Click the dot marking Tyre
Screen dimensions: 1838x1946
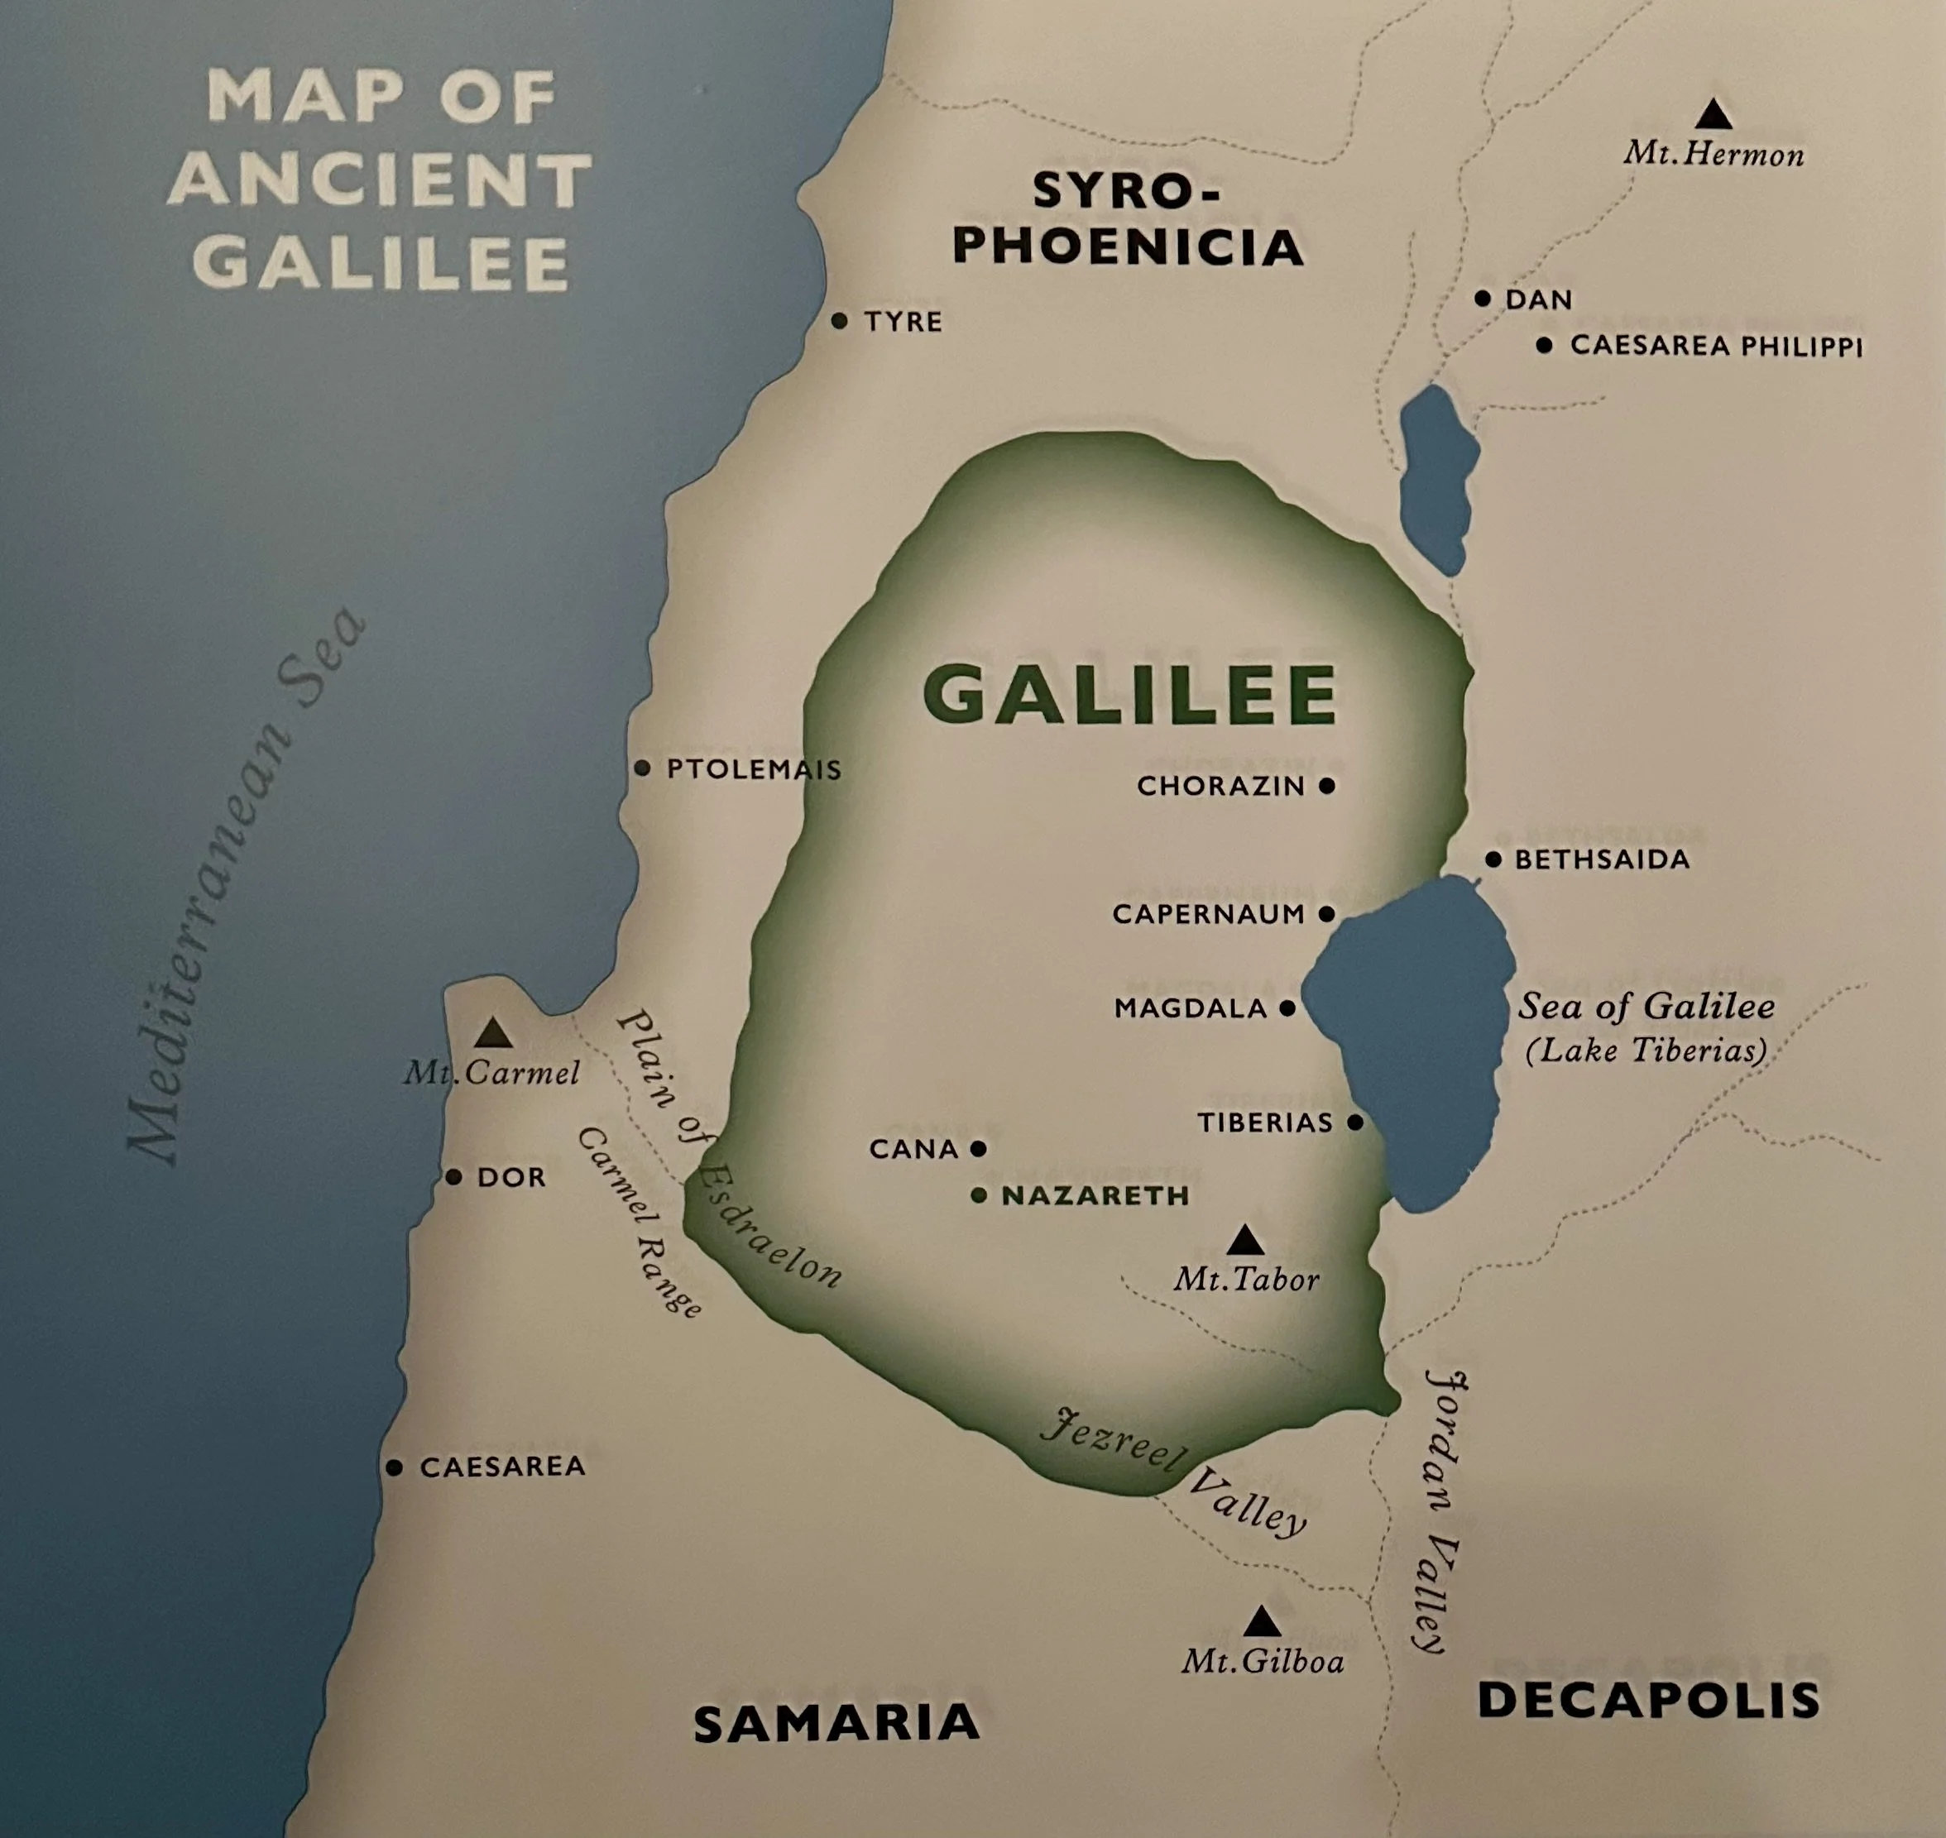click(x=839, y=320)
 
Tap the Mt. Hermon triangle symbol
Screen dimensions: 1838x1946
click(x=1714, y=115)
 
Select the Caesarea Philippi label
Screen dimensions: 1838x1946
click(x=1716, y=346)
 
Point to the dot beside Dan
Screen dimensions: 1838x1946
click(x=1483, y=298)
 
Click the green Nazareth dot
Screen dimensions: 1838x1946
click(x=979, y=1195)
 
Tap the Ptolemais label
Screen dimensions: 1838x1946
click(x=754, y=769)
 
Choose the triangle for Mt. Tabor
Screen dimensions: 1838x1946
click(x=1245, y=1242)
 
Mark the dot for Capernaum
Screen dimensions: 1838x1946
click(x=1327, y=914)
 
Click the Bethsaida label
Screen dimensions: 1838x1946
click(x=1602, y=860)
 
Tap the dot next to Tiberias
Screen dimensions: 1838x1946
click(x=1355, y=1122)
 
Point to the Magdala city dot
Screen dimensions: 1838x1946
click(x=1287, y=1008)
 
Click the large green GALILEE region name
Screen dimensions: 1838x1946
click(x=1129, y=694)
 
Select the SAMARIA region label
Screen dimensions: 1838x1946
click(x=836, y=1723)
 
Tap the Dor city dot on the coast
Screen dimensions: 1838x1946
click(x=453, y=1177)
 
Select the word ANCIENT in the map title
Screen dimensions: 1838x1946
click(x=381, y=180)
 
